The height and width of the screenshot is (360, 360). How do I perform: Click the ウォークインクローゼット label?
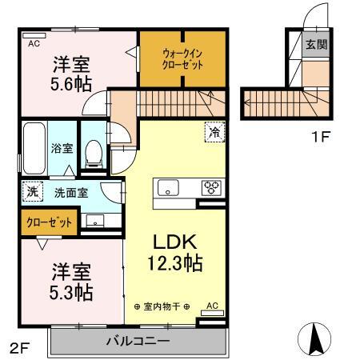click(x=182, y=58)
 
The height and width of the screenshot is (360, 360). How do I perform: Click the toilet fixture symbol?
click(x=94, y=151)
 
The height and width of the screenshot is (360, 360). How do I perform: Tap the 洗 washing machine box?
click(x=31, y=192)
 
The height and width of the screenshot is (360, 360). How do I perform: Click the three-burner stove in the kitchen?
click(x=212, y=188)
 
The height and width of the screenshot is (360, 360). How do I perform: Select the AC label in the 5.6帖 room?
click(x=33, y=45)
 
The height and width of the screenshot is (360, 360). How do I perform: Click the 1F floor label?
click(x=320, y=137)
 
